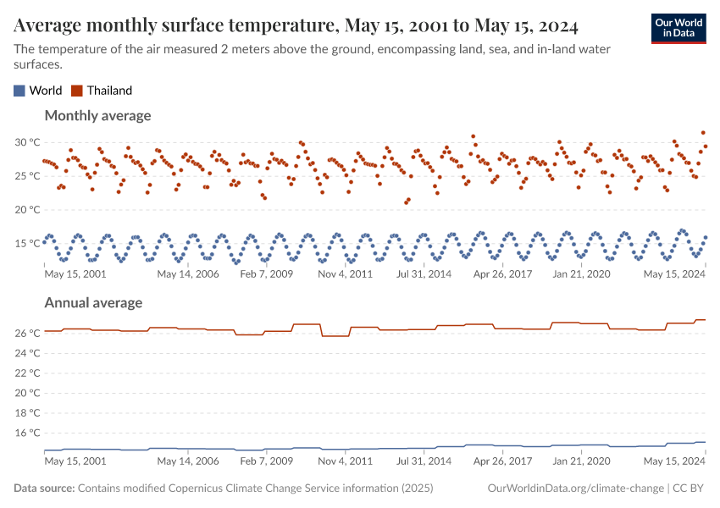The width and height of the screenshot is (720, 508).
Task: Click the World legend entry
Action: (x=37, y=91)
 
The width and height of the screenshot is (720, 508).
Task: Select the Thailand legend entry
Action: (x=101, y=91)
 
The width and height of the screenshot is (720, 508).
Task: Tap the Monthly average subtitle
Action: (x=97, y=115)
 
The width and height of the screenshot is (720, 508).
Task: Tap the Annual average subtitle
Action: (x=93, y=302)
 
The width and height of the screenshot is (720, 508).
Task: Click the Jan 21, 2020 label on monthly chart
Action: (x=580, y=274)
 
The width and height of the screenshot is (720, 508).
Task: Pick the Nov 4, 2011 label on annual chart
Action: (x=345, y=462)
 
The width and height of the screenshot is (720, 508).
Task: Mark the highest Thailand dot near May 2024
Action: (x=703, y=133)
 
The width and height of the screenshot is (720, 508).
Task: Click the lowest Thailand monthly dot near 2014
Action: (x=406, y=202)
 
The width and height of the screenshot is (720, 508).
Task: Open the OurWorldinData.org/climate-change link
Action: (x=576, y=489)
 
